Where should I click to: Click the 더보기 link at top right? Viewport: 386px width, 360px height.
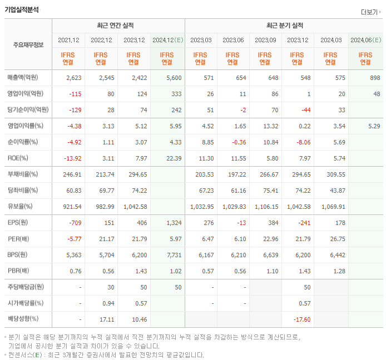click(x=370, y=12)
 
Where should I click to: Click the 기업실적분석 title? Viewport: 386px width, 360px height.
click(x=22, y=9)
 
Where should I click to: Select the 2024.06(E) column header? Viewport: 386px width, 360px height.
click(x=365, y=40)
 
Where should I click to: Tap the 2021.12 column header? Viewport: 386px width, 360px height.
click(x=68, y=40)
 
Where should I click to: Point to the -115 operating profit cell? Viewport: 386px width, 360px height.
click(x=75, y=94)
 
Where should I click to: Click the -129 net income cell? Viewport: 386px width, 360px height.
click(x=75, y=110)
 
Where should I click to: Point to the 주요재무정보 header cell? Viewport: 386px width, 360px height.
click(x=28, y=45)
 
